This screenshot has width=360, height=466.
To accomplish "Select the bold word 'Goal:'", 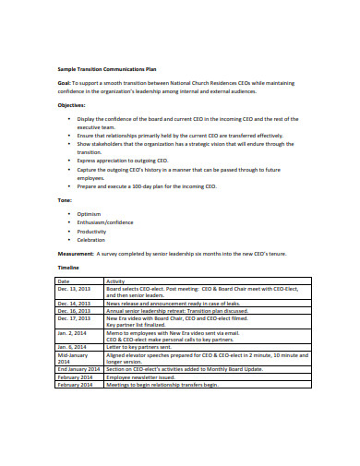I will [x=65, y=82].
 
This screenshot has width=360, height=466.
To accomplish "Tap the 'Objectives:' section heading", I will [x=75, y=105].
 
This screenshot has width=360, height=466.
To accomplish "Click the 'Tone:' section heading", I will [x=65, y=199].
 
